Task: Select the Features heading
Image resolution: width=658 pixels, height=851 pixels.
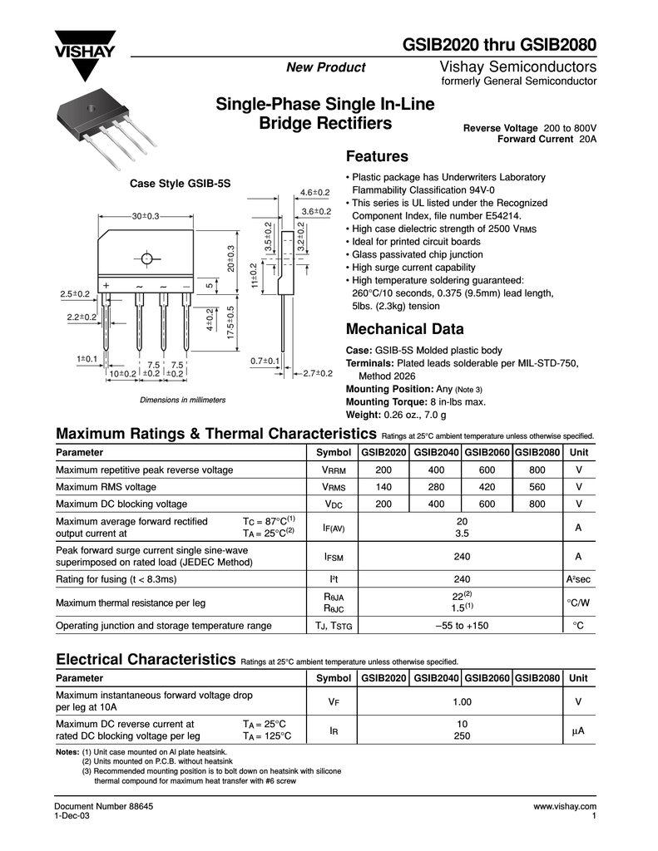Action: tap(376, 157)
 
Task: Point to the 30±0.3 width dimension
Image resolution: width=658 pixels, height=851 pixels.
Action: tap(145, 216)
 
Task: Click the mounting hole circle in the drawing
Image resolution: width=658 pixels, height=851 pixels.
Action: tap(147, 258)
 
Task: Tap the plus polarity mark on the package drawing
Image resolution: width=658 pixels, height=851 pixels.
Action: tap(106, 286)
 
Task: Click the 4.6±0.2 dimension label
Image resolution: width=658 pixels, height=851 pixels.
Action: tap(315, 194)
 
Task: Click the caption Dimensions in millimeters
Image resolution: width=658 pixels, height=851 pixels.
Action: tap(183, 400)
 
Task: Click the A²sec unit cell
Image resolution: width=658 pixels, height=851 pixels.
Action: tap(577, 578)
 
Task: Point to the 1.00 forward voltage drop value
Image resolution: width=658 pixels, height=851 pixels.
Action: tap(462, 702)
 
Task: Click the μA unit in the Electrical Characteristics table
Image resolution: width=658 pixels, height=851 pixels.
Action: tap(577, 730)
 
